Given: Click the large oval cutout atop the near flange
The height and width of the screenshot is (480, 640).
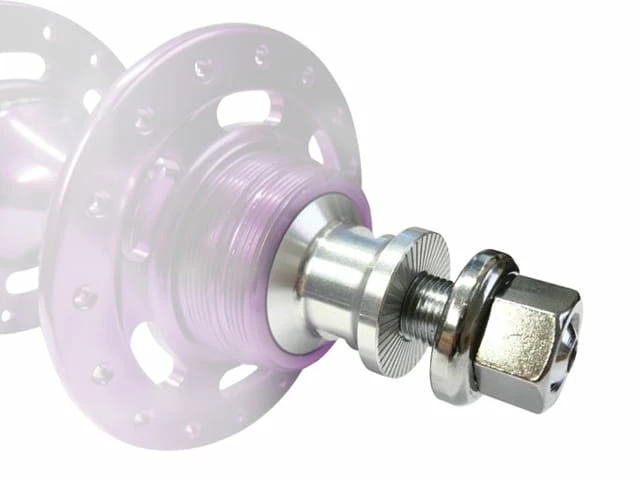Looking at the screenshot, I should (245, 111).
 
